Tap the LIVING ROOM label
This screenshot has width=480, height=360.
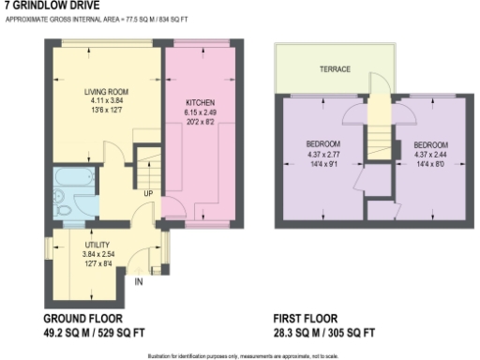tap(104, 91)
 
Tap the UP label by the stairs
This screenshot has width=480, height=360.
tap(147, 194)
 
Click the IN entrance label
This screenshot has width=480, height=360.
tap(140, 280)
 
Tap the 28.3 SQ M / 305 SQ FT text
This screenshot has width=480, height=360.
tap(324, 333)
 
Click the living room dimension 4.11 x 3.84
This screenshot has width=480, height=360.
tap(104, 99)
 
